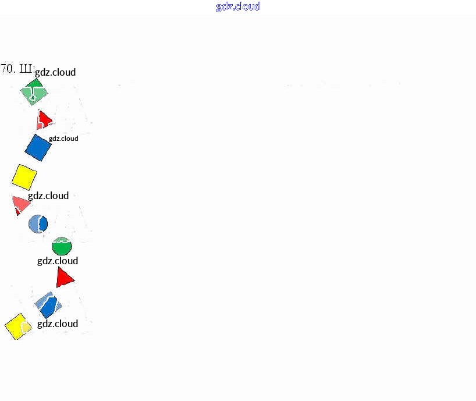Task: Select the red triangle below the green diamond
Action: (44, 119)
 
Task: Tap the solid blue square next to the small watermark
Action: (38, 147)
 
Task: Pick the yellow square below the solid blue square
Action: (24, 176)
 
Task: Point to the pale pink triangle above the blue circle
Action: (20, 204)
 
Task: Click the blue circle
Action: (38, 223)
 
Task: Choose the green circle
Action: (62, 247)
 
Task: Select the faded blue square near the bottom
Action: (48, 304)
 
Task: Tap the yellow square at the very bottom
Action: (18, 327)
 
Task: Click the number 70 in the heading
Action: (8, 69)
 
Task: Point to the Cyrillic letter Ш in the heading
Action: (26, 69)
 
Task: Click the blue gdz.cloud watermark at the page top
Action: (238, 6)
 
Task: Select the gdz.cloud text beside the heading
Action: (55, 72)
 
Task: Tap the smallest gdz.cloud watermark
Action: (63, 139)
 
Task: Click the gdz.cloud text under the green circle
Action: (58, 261)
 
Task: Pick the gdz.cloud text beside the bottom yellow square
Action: (58, 324)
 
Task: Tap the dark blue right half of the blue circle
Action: (43, 223)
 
